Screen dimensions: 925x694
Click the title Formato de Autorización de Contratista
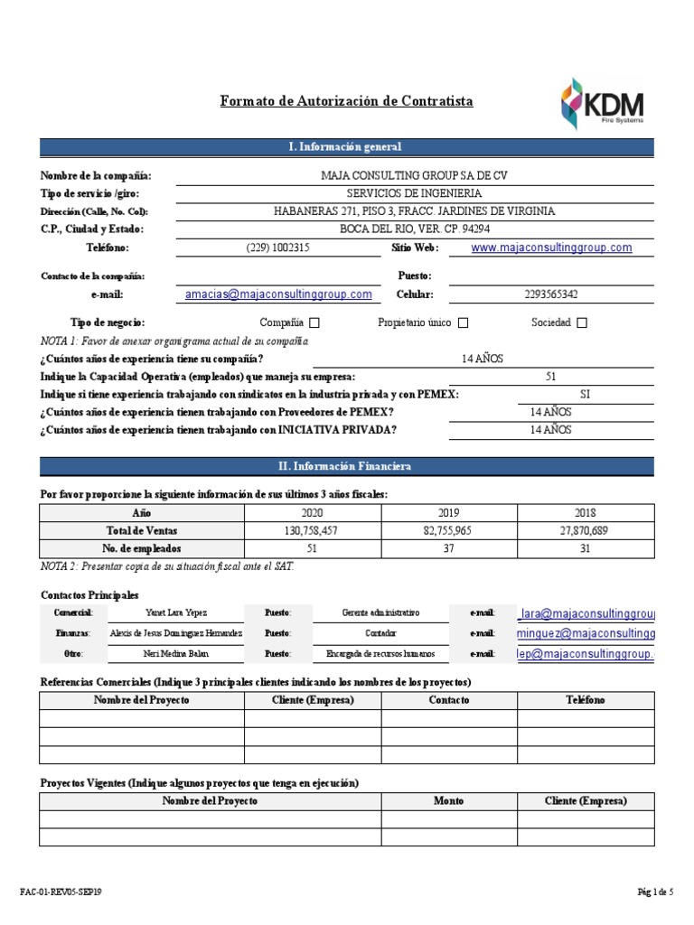tap(346, 101)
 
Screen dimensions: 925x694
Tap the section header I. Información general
tap(346, 147)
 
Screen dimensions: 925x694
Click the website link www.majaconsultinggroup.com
tap(551, 248)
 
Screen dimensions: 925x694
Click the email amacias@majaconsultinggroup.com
tap(278, 294)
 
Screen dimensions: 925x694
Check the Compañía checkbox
tap(314, 323)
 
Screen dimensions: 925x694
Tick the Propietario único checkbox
tap(463, 323)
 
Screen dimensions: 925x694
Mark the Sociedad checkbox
tap(581, 323)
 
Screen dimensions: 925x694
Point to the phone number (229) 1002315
tap(277, 248)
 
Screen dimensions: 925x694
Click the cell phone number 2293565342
tap(550, 294)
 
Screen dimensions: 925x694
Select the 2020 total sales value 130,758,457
tap(311, 530)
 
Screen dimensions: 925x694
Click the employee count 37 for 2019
tap(448, 548)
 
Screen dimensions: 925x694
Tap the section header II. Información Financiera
tap(346, 466)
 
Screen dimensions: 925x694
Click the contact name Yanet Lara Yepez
tap(175, 612)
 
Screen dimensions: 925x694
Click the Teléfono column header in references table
tap(586, 701)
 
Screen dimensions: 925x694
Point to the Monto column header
tap(448, 801)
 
